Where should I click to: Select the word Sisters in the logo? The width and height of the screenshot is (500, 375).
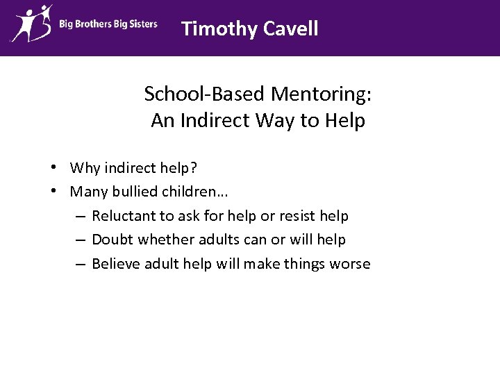(142, 24)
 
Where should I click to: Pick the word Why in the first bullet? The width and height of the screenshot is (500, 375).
(85, 168)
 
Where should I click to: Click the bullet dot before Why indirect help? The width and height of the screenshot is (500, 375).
(53, 168)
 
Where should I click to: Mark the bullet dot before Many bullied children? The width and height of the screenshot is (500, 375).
(53, 191)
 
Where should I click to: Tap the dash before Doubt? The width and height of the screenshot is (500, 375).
(80, 240)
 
